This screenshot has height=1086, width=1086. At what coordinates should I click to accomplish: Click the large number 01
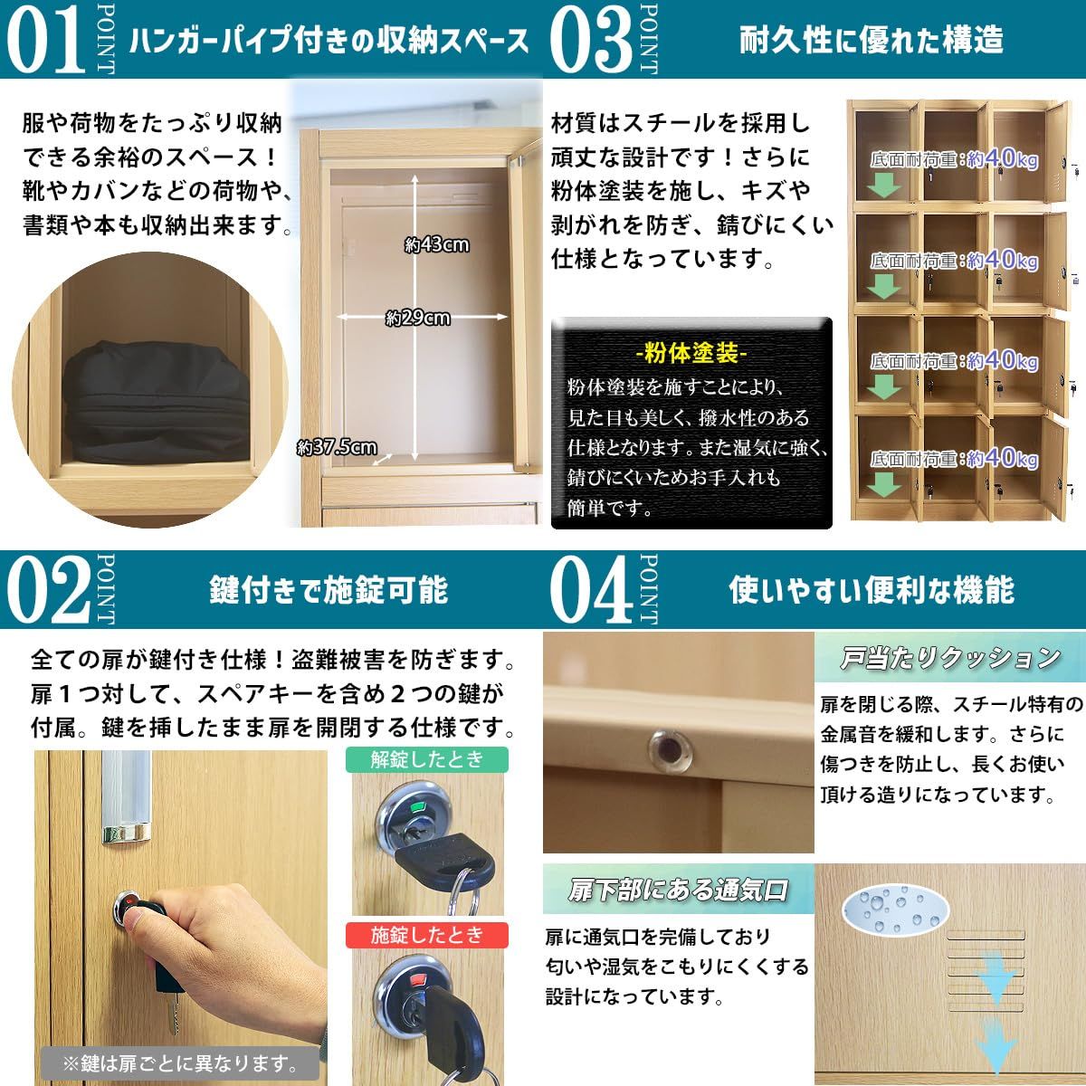point(45,40)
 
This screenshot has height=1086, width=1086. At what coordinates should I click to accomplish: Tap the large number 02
point(49,589)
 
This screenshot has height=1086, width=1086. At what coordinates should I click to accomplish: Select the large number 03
point(591,40)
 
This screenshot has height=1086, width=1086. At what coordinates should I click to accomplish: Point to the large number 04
point(591,589)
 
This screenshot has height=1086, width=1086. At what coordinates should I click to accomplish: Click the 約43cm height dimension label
point(437,244)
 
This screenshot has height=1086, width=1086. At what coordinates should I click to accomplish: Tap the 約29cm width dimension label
point(417,319)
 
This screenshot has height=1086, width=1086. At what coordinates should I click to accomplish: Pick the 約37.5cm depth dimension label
point(337,447)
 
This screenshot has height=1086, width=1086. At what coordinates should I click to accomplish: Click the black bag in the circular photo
point(156,401)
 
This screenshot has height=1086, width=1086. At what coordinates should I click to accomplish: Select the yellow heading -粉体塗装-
point(691,353)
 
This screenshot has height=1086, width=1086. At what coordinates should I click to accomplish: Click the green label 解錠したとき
point(426,759)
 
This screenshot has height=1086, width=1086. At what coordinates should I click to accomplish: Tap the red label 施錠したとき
point(426,935)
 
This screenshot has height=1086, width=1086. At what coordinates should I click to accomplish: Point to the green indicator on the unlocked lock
point(417,807)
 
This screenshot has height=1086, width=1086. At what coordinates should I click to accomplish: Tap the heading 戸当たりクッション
point(949,658)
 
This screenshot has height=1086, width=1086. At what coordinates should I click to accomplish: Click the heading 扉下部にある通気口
point(678,890)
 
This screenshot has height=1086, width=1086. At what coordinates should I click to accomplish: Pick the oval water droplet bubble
point(896,909)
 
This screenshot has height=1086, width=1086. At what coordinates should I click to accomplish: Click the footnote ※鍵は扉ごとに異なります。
point(180,1062)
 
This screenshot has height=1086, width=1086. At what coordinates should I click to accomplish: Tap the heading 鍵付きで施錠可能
point(329,590)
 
